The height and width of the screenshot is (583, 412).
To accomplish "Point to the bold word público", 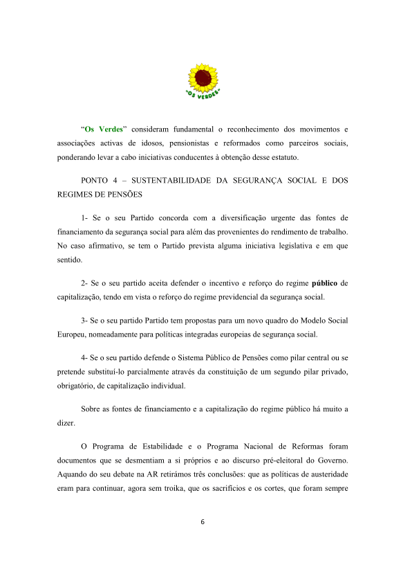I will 325,283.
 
